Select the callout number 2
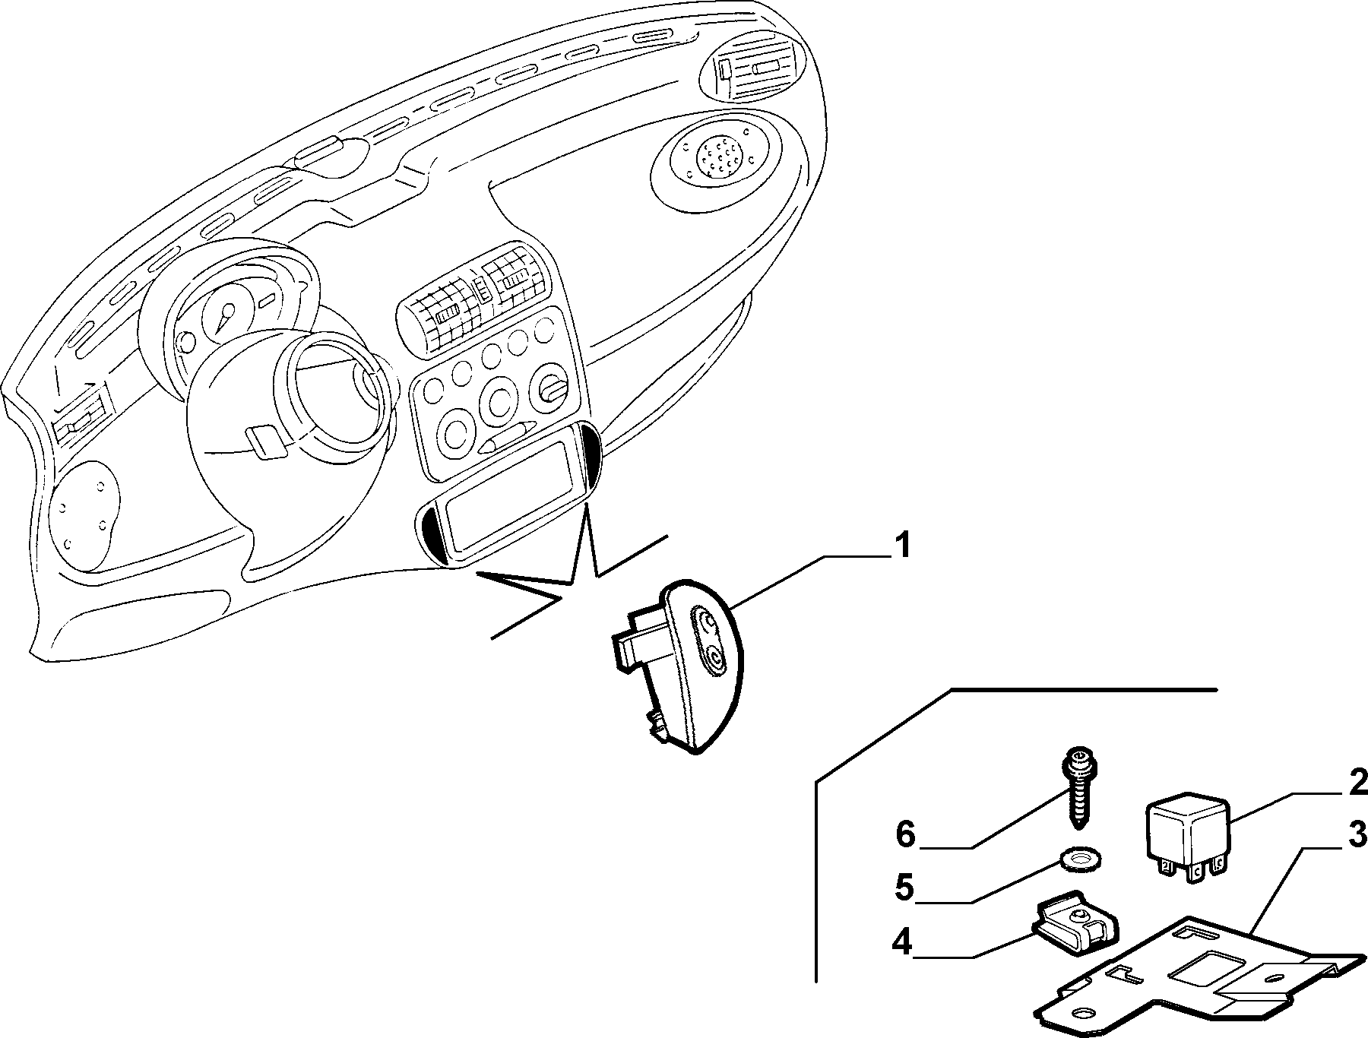tap(1357, 782)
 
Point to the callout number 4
tap(903, 943)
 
